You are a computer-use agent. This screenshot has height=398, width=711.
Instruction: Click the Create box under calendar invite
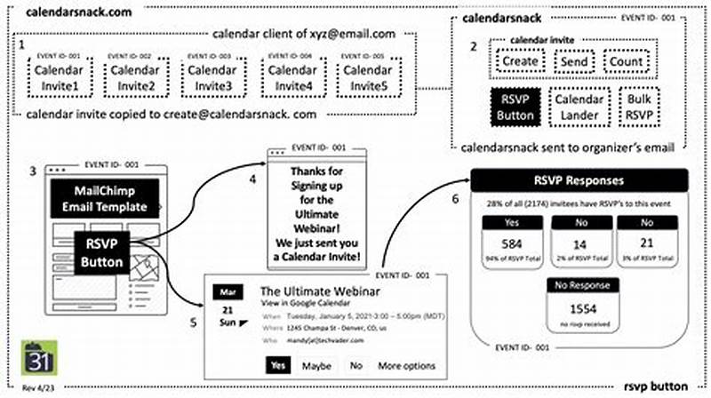click(520, 61)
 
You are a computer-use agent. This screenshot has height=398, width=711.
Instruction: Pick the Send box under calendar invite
click(577, 61)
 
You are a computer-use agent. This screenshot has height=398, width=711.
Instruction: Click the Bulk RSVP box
click(635, 107)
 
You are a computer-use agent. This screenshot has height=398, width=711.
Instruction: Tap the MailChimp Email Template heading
click(105, 199)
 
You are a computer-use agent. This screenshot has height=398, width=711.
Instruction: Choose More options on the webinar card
click(406, 365)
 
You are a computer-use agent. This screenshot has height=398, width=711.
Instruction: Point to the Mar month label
click(225, 291)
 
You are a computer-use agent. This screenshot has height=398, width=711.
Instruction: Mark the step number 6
click(457, 200)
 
